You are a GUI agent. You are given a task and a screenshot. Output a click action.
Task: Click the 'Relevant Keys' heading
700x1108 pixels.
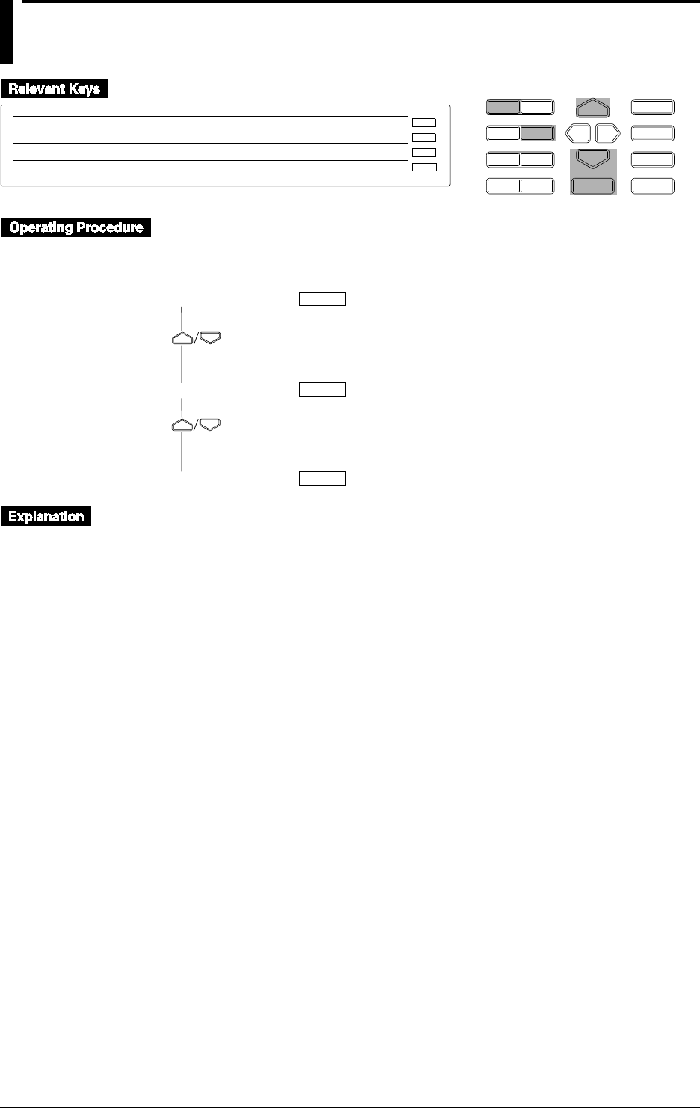[x=55, y=89]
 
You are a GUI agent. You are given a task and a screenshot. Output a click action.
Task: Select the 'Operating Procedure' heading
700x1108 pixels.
[x=76, y=227]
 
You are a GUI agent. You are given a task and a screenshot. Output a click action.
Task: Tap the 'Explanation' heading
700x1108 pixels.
[x=46, y=517]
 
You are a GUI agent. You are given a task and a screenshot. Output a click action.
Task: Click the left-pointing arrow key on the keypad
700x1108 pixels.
[x=578, y=134]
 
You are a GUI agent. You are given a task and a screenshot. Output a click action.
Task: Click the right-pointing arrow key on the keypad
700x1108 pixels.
[x=608, y=134]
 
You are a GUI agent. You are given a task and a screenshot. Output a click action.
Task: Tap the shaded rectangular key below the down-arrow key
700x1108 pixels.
[x=593, y=186]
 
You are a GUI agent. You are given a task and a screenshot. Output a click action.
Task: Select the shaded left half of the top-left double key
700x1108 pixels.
[x=503, y=107]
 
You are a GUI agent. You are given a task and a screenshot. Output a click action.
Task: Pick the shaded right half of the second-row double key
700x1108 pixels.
[x=537, y=134]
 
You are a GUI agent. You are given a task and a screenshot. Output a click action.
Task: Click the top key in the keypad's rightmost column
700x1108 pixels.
[x=653, y=107]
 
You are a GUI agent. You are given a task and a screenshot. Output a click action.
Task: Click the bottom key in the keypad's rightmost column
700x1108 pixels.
[x=653, y=186]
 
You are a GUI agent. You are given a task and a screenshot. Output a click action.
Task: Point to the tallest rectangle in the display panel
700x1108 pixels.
[x=210, y=129]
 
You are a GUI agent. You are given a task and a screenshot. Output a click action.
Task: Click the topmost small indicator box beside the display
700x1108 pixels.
[x=424, y=122]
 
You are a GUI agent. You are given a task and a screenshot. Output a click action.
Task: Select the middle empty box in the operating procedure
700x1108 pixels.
[x=322, y=389]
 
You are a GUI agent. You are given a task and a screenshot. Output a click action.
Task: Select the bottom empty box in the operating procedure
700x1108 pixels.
[x=322, y=479]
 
